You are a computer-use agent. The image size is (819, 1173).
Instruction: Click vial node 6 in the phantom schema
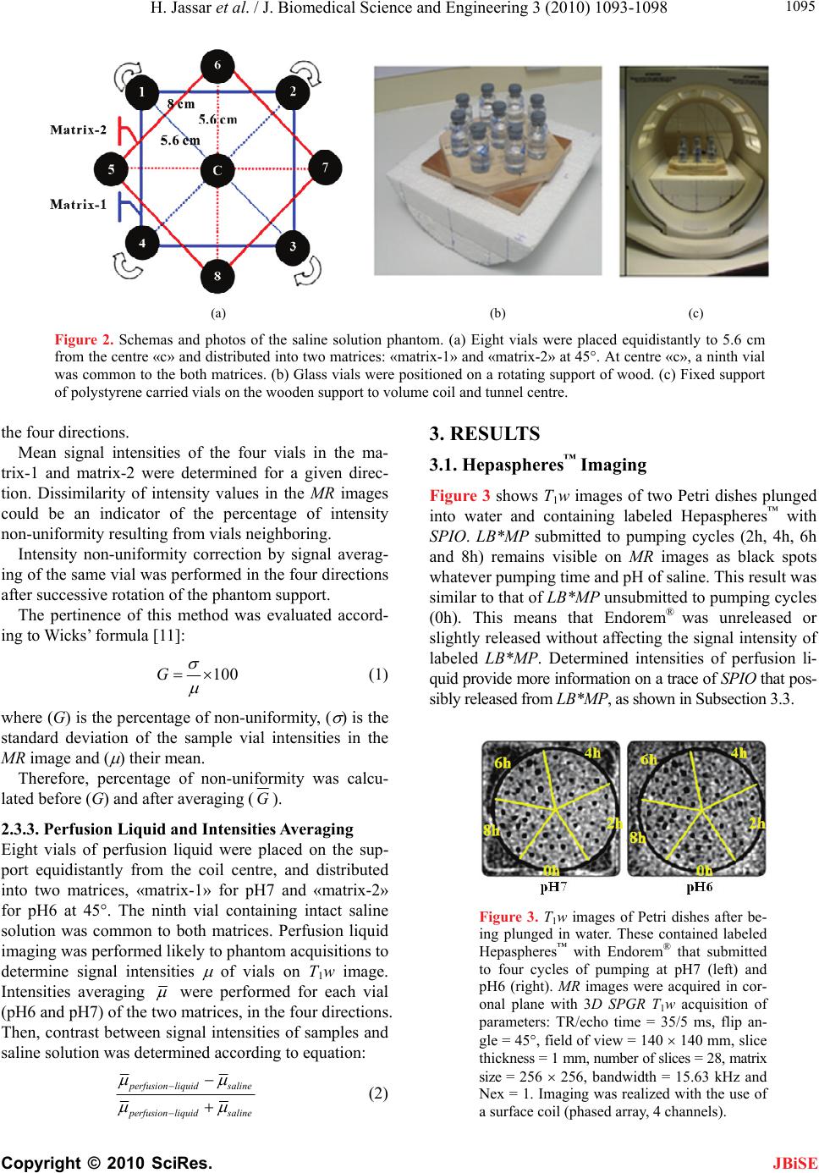218,65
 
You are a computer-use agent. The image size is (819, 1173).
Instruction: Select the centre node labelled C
217,170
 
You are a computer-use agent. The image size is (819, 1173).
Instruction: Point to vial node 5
112,168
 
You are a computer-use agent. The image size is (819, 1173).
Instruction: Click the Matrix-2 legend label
79,129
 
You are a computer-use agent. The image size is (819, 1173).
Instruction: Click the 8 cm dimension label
181,104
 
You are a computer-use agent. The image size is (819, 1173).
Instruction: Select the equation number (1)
377,627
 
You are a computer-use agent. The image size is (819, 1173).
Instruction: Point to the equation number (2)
377,1092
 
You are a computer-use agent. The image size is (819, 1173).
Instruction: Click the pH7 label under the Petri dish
553,888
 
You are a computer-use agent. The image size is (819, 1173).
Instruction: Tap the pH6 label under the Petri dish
699,888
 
